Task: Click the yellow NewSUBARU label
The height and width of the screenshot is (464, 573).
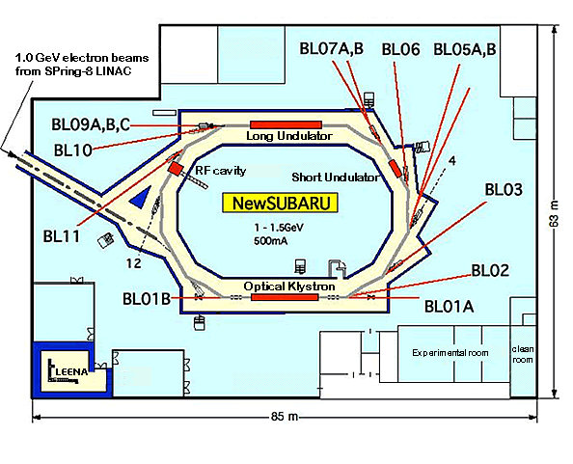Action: pos(281,204)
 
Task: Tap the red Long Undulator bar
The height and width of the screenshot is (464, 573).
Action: pos(286,125)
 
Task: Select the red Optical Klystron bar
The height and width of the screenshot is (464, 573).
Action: pos(285,297)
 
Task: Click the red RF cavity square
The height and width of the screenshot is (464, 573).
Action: pos(176,169)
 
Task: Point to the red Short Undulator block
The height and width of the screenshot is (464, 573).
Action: pos(396,168)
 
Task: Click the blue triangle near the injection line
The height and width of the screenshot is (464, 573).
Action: pos(142,198)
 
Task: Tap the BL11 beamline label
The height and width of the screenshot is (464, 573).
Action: pos(62,236)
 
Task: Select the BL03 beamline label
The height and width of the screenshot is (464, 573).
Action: pos(504,189)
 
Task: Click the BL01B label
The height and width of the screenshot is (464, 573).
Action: pos(147,299)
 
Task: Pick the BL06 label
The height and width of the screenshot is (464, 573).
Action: pos(401,49)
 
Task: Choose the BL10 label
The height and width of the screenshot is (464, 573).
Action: pos(73,150)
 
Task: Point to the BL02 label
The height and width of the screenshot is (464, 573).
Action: pos(490,271)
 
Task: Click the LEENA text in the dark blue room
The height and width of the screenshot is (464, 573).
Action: pos(72,372)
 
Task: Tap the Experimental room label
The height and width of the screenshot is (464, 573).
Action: pos(450,353)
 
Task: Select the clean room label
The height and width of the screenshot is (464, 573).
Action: pos(523,354)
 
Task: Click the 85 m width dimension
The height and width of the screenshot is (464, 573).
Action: pos(285,416)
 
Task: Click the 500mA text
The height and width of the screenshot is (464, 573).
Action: pos(271,241)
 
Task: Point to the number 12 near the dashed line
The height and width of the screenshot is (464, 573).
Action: pos(133,263)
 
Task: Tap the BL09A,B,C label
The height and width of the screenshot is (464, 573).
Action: pos(91,125)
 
